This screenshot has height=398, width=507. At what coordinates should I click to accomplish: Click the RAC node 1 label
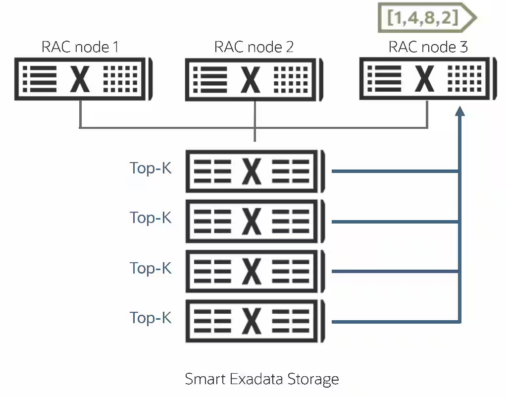point(80,47)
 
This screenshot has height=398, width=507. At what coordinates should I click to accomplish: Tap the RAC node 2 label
point(253,47)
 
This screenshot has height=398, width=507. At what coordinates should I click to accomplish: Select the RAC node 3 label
point(428,47)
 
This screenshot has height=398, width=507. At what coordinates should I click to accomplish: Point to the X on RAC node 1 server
point(80,79)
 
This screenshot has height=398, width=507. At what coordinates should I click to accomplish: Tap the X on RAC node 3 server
point(425,79)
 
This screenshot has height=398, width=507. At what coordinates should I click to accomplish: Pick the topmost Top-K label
point(151,169)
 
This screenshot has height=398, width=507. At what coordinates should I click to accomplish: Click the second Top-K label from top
point(151,218)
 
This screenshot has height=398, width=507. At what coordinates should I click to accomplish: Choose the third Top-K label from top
point(151,268)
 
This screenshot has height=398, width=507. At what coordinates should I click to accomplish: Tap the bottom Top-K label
point(151,318)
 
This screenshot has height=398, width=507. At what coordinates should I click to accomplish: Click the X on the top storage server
point(252,171)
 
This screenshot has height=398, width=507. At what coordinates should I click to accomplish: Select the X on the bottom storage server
point(252,321)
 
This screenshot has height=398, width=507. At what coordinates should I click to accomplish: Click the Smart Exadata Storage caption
point(262,379)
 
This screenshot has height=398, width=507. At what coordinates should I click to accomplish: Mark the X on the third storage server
point(252,271)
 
